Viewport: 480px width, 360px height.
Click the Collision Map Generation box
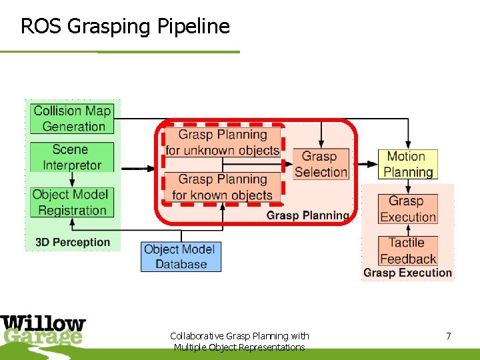pos(73,119)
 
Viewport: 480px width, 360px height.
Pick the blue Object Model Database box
pos(181,257)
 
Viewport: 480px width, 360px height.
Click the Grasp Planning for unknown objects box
pos(223,143)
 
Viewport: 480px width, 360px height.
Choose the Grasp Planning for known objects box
pos(223,187)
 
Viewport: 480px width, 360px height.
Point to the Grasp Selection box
pos(321,165)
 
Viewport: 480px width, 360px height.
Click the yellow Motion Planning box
pos(408,165)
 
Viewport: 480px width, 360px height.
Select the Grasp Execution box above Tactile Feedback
pos(408,209)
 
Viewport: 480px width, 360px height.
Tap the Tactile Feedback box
pos(408,251)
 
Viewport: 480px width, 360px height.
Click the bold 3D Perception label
pos(73,242)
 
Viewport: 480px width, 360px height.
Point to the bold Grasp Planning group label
pos(307,215)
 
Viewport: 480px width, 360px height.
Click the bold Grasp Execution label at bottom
pos(407,273)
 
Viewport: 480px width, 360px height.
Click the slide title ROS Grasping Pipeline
pos(125,27)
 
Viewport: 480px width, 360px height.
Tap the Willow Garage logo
pos(43,331)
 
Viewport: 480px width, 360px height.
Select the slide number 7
pos(449,336)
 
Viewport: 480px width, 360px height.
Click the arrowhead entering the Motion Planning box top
pos(408,146)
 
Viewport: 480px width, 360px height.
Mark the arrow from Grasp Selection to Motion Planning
pos(363,165)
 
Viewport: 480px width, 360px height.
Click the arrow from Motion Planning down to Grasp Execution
pos(408,186)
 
